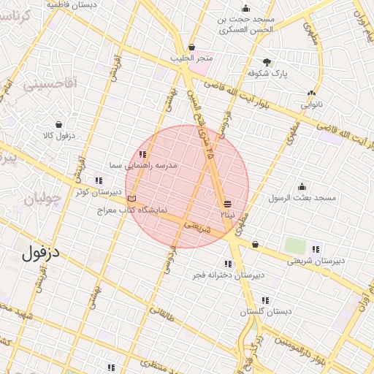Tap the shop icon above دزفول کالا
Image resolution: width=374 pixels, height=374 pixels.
coord(58,124)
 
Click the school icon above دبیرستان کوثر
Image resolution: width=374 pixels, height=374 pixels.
coord(98,180)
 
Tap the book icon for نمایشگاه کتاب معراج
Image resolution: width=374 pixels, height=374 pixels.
coord(131,199)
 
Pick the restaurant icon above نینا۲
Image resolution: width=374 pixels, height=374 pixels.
coord(228,204)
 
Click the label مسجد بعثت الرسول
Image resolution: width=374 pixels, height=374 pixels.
coord(302,198)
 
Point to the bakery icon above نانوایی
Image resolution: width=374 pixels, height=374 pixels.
coord(312,93)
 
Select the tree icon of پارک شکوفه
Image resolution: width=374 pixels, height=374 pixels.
coord(267,62)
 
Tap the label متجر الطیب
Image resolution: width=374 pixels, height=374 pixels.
coord(196,58)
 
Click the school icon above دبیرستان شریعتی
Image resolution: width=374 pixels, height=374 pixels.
coord(316,248)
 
